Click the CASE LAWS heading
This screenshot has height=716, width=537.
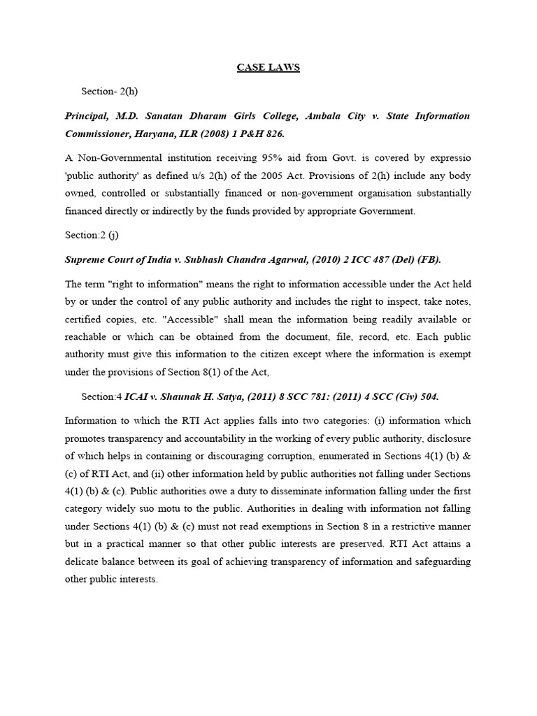268,67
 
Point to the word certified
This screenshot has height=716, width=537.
85,320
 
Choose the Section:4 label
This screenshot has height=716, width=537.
101,396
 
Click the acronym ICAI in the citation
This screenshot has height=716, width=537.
137,396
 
